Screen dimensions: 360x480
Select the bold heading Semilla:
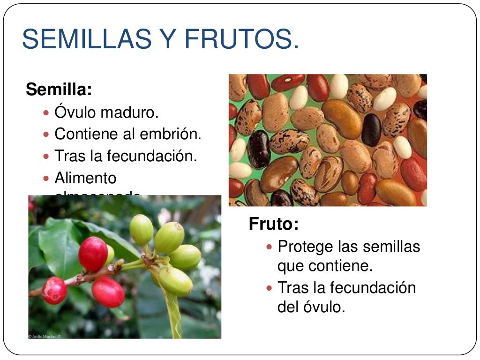pos(59,89)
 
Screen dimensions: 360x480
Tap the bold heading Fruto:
pos(273,224)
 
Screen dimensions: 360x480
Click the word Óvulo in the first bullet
pos(75,113)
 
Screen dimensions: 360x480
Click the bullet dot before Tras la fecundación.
pos(46,157)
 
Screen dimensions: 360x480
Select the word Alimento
pos(85,178)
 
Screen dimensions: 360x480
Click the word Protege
pos(306,247)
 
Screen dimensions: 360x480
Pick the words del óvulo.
pos(311,307)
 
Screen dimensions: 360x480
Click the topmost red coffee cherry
pos(93,253)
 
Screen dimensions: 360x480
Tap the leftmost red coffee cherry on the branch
pos(54,290)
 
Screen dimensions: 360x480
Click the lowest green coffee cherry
pos(176,282)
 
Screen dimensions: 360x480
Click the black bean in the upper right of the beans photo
pos(371,129)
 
